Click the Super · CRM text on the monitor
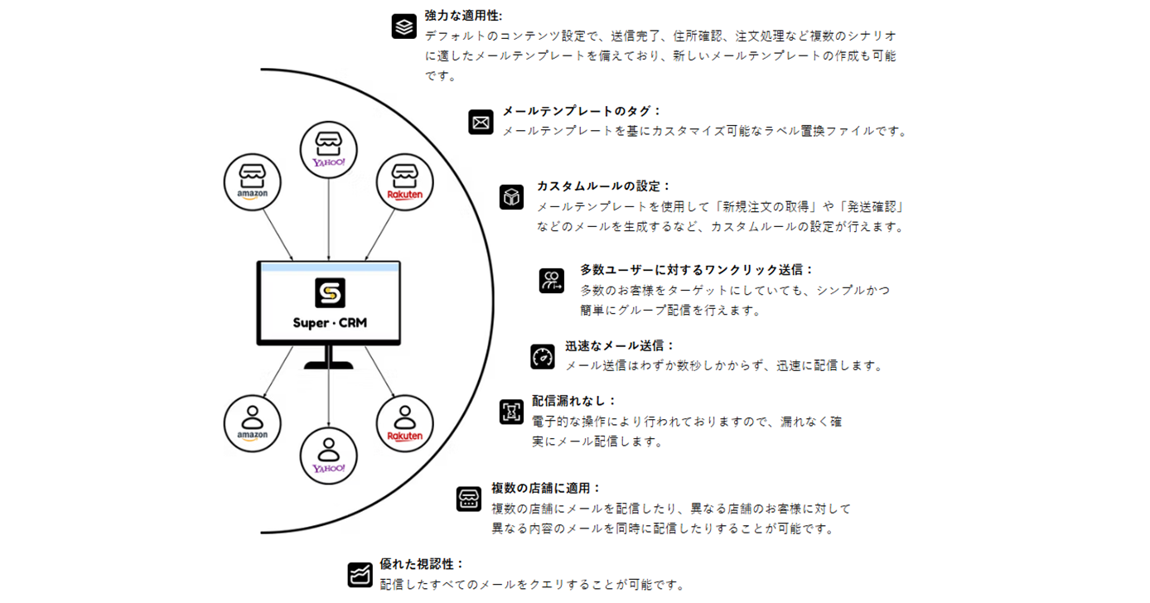click(x=330, y=323)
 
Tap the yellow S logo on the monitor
click(x=330, y=293)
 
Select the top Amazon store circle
click(x=252, y=182)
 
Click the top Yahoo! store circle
click(x=329, y=150)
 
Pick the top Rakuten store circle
click(x=404, y=182)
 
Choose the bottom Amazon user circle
click(x=252, y=423)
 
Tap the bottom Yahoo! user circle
click(x=329, y=456)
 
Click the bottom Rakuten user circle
click(x=404, y=423)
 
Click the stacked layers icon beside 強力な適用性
click(x=404, y=27)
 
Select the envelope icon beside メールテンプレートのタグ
click(x=481, y=122)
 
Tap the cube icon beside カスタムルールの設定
click(x=511, y=197)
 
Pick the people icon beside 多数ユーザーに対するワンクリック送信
click(x=551, y=281)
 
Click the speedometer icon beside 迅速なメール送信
click(x=543, y=357)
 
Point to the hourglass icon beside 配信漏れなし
click(x=511, y=412)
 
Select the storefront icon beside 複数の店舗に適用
click(x=469, y=499)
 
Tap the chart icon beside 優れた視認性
click(x=360, y=575)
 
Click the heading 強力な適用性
click(x=463, y=16)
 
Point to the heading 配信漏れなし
click(x=573, y=401)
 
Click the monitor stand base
click(x=329, y=365)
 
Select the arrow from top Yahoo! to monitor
click(x=329, y=219)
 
